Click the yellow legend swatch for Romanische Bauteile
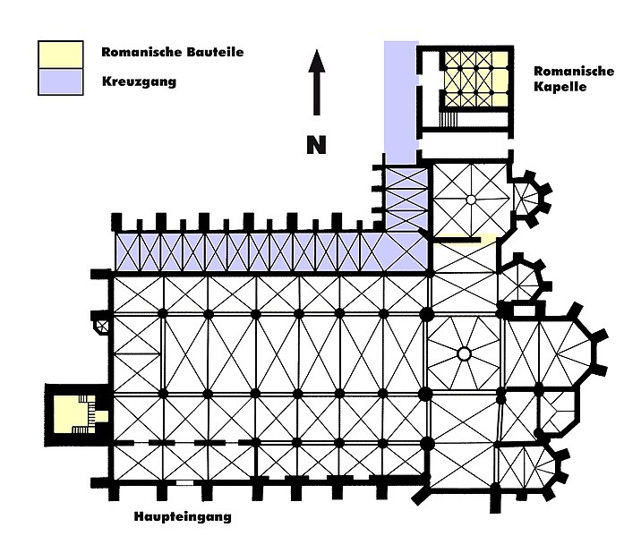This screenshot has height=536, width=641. point(60,53)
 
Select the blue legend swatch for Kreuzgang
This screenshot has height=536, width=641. point(60,81)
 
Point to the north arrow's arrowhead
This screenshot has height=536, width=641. point(316,61)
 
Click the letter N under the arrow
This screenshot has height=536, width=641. point(316,145)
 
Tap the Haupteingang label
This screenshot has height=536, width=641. point(184,516)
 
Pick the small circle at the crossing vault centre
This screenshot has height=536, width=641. point(464,354)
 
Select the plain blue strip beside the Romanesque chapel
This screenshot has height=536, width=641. point(400,98)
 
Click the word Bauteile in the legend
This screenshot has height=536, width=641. point(214,53)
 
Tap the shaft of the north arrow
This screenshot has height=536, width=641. point(316,94)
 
